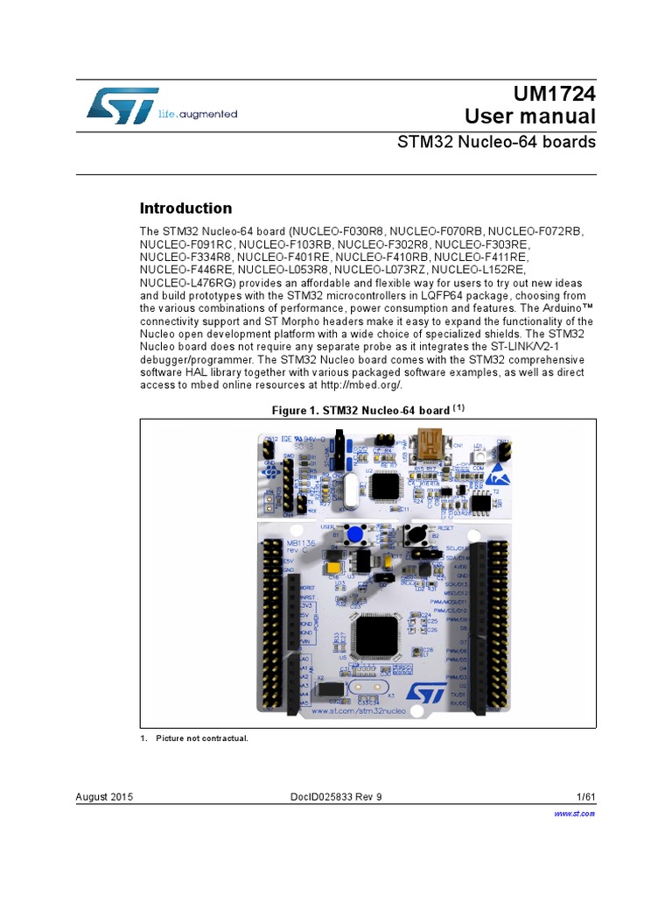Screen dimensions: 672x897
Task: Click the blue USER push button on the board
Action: point(354,534)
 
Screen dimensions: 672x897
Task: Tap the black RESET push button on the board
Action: point(414,535)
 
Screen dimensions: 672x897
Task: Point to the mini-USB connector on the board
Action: point(433,442)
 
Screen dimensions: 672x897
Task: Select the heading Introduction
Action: point(186,208)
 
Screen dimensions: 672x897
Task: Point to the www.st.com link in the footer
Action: point(575,814)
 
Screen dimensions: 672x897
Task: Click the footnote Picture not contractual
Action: point(201,738)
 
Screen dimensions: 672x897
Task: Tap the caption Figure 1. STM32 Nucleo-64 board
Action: point(367,410)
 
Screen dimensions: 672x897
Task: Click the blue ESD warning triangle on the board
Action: point(497,474)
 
